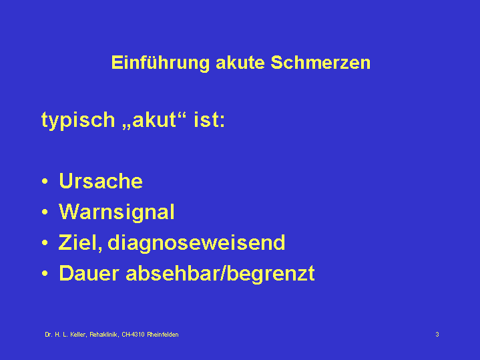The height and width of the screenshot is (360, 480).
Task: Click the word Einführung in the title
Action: pyautogui.click(x=160, y=63)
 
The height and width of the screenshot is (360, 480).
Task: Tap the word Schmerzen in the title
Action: pyautogui.click(x=320, y=63)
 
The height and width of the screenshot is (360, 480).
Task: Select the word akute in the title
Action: pyautogui.click(x=240, y=63)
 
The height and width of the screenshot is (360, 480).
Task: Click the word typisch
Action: pyautogui.click(x=78, y=120)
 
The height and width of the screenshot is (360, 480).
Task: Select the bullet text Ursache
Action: pyautogui.click(x=101, y=181)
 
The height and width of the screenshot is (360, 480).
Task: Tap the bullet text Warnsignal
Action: pyautogui.click(x=117, y=212)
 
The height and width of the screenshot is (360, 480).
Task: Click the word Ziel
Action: pyautogui.click(x=80, y=242)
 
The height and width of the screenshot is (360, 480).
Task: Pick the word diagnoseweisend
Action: pyautogui.click(x=196, y=243)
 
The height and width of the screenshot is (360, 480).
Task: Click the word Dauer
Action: pyautogui.click(x=89, y=273)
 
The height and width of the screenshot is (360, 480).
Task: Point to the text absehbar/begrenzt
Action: pyautogui.click(x=220, y=274)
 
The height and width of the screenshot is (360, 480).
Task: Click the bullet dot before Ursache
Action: pyautogui.click(x=45, y=181)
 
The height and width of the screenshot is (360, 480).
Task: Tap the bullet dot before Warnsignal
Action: pyautogui.click(x=45, y=212)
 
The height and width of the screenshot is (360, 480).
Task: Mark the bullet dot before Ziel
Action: pyautogui.click(x=45, y=242)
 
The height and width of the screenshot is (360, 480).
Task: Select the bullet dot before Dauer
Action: pyautogui.click(x=45, y=273)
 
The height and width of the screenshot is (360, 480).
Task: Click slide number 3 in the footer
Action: pyautogui.click(x=437, y=334)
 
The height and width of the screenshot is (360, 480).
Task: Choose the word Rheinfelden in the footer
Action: pyautogui.click(x=162, y=334)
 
